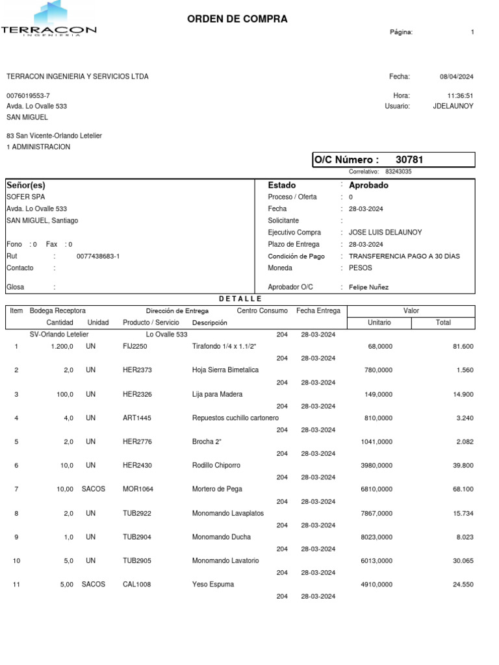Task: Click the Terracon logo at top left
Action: pyautogui.click(x=49, y=19)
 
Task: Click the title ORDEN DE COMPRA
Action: pyautogui.click(x=237, y=19)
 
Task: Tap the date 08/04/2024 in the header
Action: pyautogui.click(x=457, y=77)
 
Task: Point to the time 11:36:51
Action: pyautogui.click(x=460, y=95)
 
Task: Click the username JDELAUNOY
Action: pyautogui.click(x=453, y=106)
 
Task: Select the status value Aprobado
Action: pyautogui.click(x=368, y=185)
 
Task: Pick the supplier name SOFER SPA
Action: pyautogui.click(x=26, y=197)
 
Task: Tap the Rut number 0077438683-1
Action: pyautogui.click(x=98, y=257)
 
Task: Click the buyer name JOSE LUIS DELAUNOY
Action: pyautogui.click(x=385, y=232)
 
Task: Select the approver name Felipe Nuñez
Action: pyautogui.click(x=370, y=287)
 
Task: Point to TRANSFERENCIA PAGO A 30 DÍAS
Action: pyautogui.click(x=404, y=257)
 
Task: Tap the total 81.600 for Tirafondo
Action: pyautogui.click(x=463, y=347)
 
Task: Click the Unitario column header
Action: pyautogui.click(x=379, y=323)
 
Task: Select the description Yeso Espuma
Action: pyautogui.click(x=213, y=584)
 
